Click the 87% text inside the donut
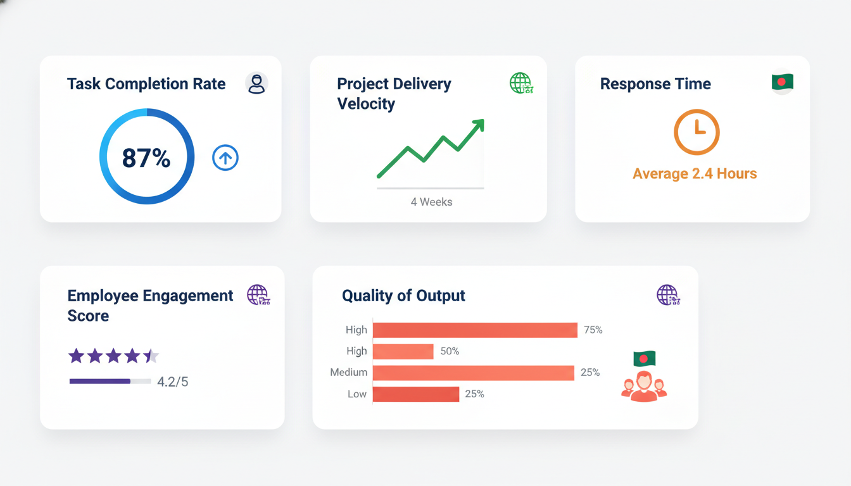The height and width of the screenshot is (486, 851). (146, 158)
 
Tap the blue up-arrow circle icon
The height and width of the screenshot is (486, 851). (225, 158)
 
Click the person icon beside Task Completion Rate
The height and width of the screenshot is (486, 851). (256, 84)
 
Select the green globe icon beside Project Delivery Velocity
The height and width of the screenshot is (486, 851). (521, 83)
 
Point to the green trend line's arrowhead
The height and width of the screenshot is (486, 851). (478, 124)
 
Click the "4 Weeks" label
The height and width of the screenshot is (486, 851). (431, 202)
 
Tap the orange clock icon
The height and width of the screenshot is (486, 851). (697, 132)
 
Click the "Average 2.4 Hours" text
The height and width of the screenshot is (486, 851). (695, 174)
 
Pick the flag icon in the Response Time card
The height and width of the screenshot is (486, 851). (783, 82)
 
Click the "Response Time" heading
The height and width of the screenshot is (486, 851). (655, 84)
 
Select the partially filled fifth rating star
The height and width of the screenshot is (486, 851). (151, 356)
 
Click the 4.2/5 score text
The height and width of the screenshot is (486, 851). (173, 382)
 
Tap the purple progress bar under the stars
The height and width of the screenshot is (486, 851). (100, 382)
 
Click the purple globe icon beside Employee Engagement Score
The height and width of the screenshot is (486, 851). (258, 295)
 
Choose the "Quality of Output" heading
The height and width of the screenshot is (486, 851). (403, 296)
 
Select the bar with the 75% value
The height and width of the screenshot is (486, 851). (475, 330)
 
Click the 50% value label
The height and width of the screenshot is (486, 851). (450, 351)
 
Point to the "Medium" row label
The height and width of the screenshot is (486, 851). (348, 373)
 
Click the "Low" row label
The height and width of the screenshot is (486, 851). (356, 394)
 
